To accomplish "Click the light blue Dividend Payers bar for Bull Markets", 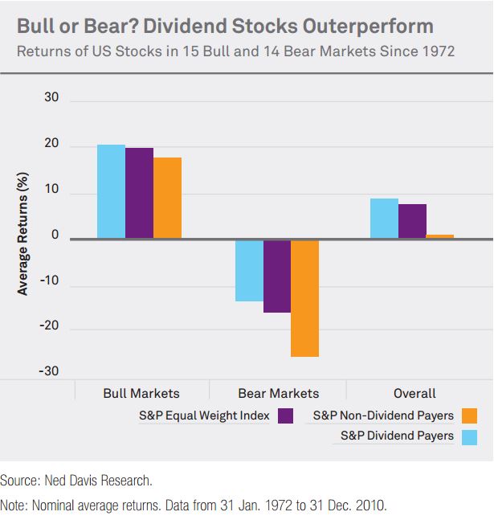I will tap(111, 191).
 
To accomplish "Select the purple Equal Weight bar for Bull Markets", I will tap(139, 193).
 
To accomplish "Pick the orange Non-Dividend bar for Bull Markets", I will tap(167, 198).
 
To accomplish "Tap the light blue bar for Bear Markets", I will tap(249, 271).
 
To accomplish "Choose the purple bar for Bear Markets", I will tap(277, 276).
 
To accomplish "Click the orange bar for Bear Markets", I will tap(305, 298).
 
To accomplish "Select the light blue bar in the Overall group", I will tap(384, 219).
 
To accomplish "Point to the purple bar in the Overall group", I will tap(412, 221).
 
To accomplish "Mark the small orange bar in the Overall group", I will tap(440, 236).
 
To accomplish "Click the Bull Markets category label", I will tap(141, 393).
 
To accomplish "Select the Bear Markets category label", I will tap(278, 393).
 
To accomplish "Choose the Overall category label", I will tap(414, 393).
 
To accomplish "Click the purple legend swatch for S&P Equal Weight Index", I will tap(286, 416).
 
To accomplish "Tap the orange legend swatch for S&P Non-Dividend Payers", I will tap(470, 416).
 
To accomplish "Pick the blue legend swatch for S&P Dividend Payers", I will tap(470, 436).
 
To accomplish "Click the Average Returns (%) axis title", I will tap(23, 233).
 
